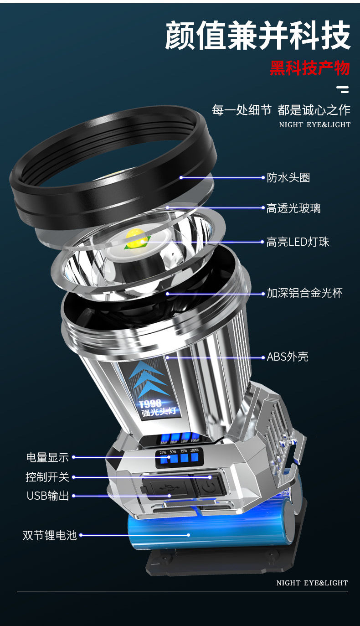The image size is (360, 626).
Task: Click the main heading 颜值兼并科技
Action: click(257, 36)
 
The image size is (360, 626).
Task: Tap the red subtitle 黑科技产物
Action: click(309, 68)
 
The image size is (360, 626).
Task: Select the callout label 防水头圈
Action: click(288, 177)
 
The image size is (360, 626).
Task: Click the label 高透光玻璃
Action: click(293, 208)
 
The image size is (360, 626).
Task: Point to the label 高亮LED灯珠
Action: click(298, 242)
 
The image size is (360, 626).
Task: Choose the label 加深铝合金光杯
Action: click(304, 293)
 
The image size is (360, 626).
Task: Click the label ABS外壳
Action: click(288, 357)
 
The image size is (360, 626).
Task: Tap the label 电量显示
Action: click(47, 457)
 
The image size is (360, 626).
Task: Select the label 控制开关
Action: click(47, 477)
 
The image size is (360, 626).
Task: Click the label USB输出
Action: click(48, 496)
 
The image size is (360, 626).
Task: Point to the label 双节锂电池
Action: click(50, 535)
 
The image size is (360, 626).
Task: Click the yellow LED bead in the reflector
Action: click(136, 239)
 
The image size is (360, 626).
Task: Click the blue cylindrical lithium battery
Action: click(205, 531)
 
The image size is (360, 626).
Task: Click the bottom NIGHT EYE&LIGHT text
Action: click(312, 583)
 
